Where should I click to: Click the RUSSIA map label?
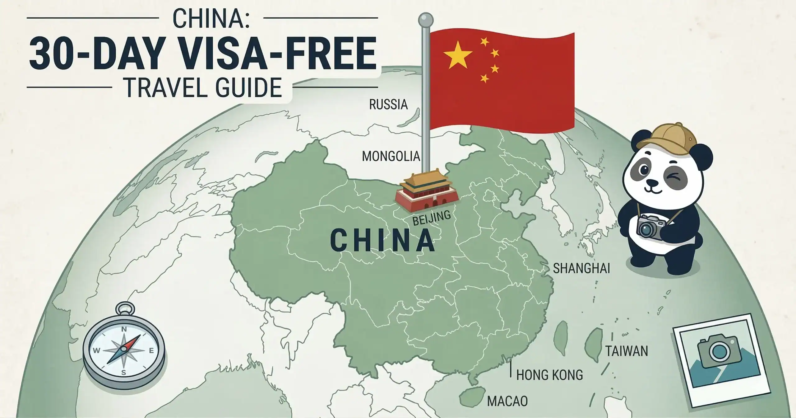388,105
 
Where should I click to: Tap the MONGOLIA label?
391,156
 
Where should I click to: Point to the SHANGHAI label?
581,268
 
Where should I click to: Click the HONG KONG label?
549,375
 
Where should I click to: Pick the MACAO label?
507,401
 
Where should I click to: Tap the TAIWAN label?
627,351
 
